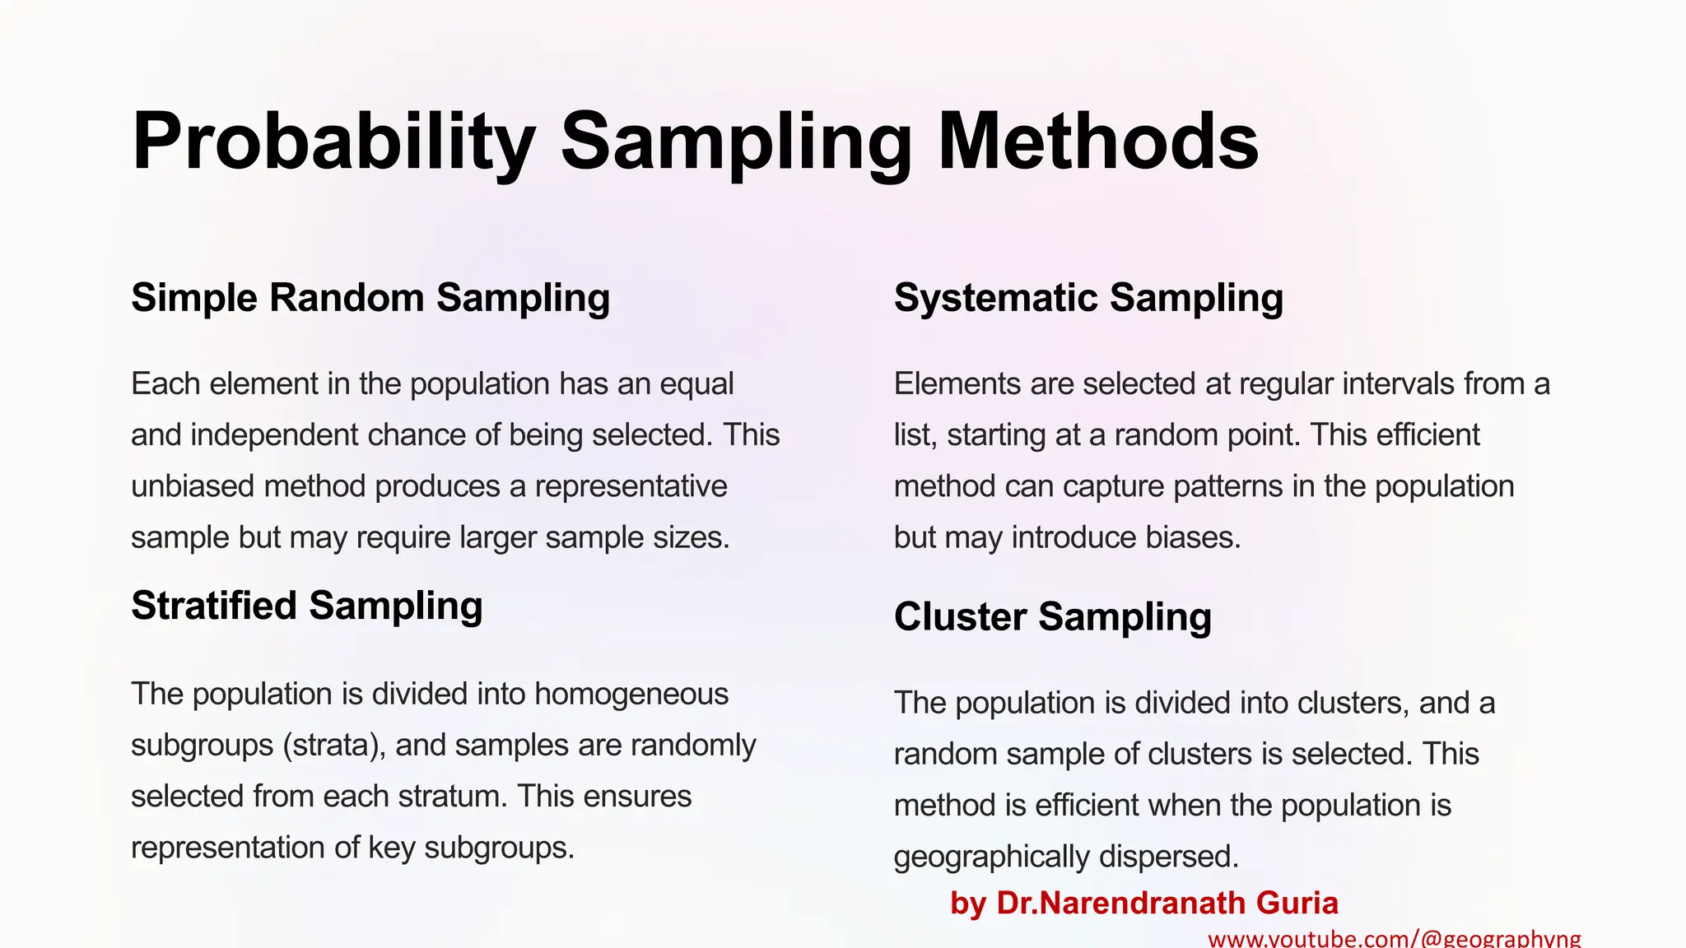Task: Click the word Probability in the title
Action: tap(333, 142)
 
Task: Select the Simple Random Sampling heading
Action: tap(370, 298)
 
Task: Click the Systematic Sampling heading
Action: tap(1088, 298)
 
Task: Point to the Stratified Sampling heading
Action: tap(306, 606)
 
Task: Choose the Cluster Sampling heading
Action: tap(1052, 617)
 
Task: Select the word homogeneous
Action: tap(631, 695)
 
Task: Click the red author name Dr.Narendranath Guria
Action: tap(1167, 904)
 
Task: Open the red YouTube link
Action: tap(1394, 939)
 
